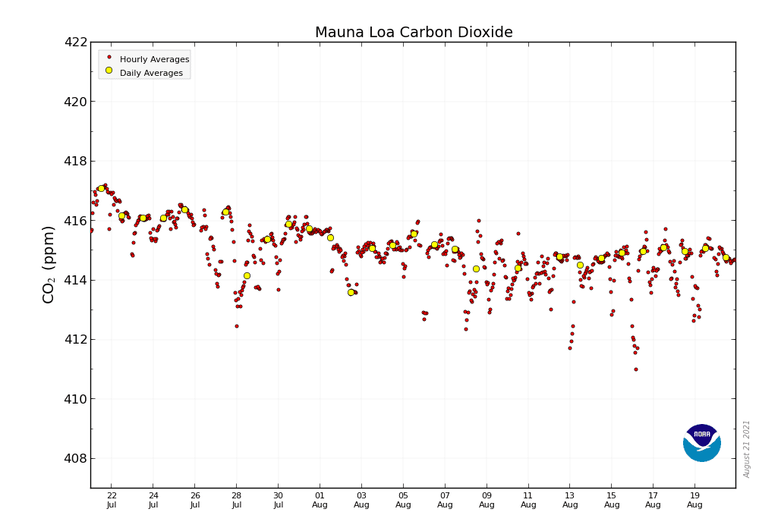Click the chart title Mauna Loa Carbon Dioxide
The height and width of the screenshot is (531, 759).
tap(414, 33)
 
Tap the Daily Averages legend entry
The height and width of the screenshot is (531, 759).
tap(151, 73)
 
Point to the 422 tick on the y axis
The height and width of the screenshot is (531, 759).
tap(76, 42)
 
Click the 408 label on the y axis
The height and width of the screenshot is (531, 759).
tap(76, 459)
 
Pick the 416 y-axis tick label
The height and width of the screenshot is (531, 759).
tap(76, 221)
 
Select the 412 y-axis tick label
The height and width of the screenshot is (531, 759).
tap(76, 340)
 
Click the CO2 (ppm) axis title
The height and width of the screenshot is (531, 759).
tap(49, 264)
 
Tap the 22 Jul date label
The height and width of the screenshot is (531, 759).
tap(112, 500)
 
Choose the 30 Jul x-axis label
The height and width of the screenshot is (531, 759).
tap(279, 500)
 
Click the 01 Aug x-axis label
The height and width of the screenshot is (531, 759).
tap(320, 500)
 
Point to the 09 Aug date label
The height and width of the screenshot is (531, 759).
tap(487, 500)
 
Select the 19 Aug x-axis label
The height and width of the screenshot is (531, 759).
tap(695, 500)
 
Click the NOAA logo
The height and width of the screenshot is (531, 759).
tap(701, 442)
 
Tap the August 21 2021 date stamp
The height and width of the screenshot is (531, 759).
tap(747, 448)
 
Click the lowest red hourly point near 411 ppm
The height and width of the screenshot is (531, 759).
tap(636, 369)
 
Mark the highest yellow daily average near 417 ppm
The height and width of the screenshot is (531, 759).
tap(101, 188)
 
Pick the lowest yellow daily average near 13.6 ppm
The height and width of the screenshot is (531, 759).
tap(351, 292)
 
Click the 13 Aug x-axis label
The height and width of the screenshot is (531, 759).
tap(570, 500)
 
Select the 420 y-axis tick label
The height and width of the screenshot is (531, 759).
tap(76, 102)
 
